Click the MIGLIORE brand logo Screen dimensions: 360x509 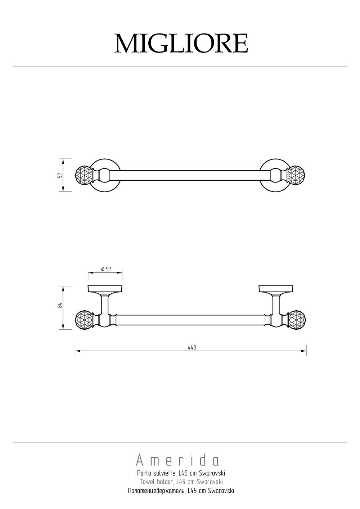click(x=181, y=43)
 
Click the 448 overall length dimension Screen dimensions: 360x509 click(x=192, y=347)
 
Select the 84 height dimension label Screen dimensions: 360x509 click(x=60, y=305)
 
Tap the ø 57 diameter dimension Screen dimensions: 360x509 click(x=106, y=269)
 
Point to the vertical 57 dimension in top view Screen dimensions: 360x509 click(x=60, y=175)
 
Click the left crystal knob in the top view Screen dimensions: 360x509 click(x=84, y=175)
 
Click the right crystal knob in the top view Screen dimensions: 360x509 click(x=297, y=175)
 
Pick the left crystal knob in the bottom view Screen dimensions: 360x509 click(x=84, y=320)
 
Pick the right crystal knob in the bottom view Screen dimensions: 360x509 click(x=297, y=320)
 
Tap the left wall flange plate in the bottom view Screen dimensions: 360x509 click(x=105, y=289)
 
